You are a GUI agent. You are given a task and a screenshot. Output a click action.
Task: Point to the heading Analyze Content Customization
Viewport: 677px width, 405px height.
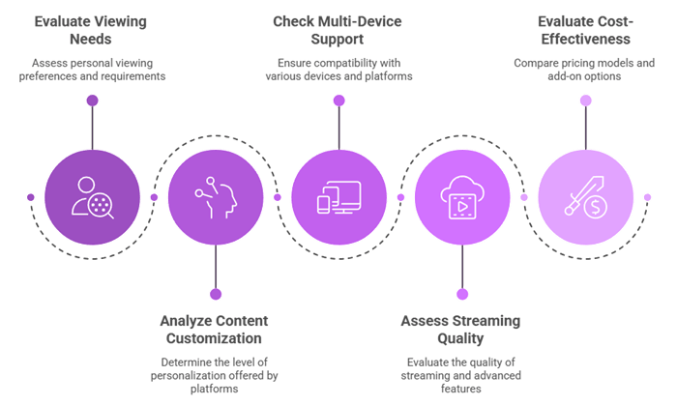point(215,328)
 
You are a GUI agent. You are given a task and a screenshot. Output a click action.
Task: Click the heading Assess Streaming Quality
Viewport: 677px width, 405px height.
point(462,328)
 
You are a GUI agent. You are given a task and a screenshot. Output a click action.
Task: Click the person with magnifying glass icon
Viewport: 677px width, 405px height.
point(92,197)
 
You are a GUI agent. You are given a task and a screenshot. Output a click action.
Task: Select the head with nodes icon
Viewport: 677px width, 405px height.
point(215,197)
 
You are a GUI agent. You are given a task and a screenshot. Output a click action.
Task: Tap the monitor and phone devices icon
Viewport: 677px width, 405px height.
point(338,197)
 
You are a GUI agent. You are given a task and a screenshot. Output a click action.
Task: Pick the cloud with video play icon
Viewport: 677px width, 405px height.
point(462,197)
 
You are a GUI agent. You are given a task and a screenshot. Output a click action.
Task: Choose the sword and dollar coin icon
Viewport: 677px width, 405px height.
point(586,197)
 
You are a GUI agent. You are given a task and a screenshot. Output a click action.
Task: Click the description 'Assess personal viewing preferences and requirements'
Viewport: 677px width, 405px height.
point(92,69)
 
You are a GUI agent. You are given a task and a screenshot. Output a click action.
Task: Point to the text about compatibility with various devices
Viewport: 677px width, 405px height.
point(338,69)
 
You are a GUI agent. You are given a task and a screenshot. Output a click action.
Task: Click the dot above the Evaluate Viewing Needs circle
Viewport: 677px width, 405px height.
point(92,100)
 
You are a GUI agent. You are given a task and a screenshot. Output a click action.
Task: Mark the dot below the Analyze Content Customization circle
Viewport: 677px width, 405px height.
point(215,294)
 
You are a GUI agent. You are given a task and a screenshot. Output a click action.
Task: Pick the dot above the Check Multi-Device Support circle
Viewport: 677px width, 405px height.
point(338,100)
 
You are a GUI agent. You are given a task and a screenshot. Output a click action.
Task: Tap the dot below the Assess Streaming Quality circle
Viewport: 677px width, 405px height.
point(462,294)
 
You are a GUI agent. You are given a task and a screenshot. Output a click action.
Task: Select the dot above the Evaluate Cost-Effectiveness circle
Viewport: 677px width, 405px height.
point(586,100)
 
